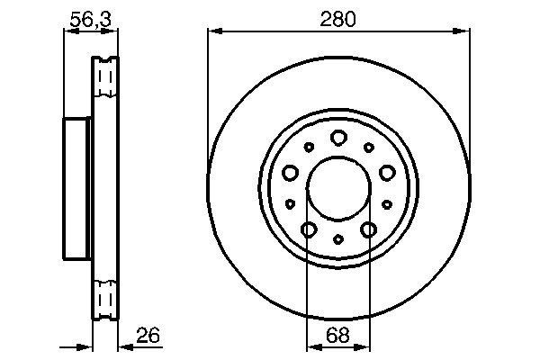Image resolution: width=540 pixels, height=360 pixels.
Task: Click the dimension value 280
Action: [x=338, y=17]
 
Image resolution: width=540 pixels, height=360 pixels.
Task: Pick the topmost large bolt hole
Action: [x=338, y=138]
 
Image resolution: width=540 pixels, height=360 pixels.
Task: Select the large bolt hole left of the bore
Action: [x=290, y=173]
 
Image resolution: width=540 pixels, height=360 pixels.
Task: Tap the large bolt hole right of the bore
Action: [x=387, y=173]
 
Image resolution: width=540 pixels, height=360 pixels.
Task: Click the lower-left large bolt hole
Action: [x=308, y=230]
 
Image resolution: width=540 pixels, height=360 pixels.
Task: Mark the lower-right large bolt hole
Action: [x=368, y=230]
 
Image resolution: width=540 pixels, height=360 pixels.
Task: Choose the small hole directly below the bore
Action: [x=338, y=239]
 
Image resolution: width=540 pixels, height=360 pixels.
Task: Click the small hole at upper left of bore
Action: [x=309, y=148]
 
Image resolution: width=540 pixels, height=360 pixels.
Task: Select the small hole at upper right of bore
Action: [x=368, y=148]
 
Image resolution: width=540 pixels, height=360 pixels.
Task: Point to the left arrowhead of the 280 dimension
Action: [x=213, y=32]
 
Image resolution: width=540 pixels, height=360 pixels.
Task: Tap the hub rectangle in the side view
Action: [x=78, y=188]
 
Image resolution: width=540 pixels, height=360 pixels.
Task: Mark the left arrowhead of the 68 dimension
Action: [x=311, y=346]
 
